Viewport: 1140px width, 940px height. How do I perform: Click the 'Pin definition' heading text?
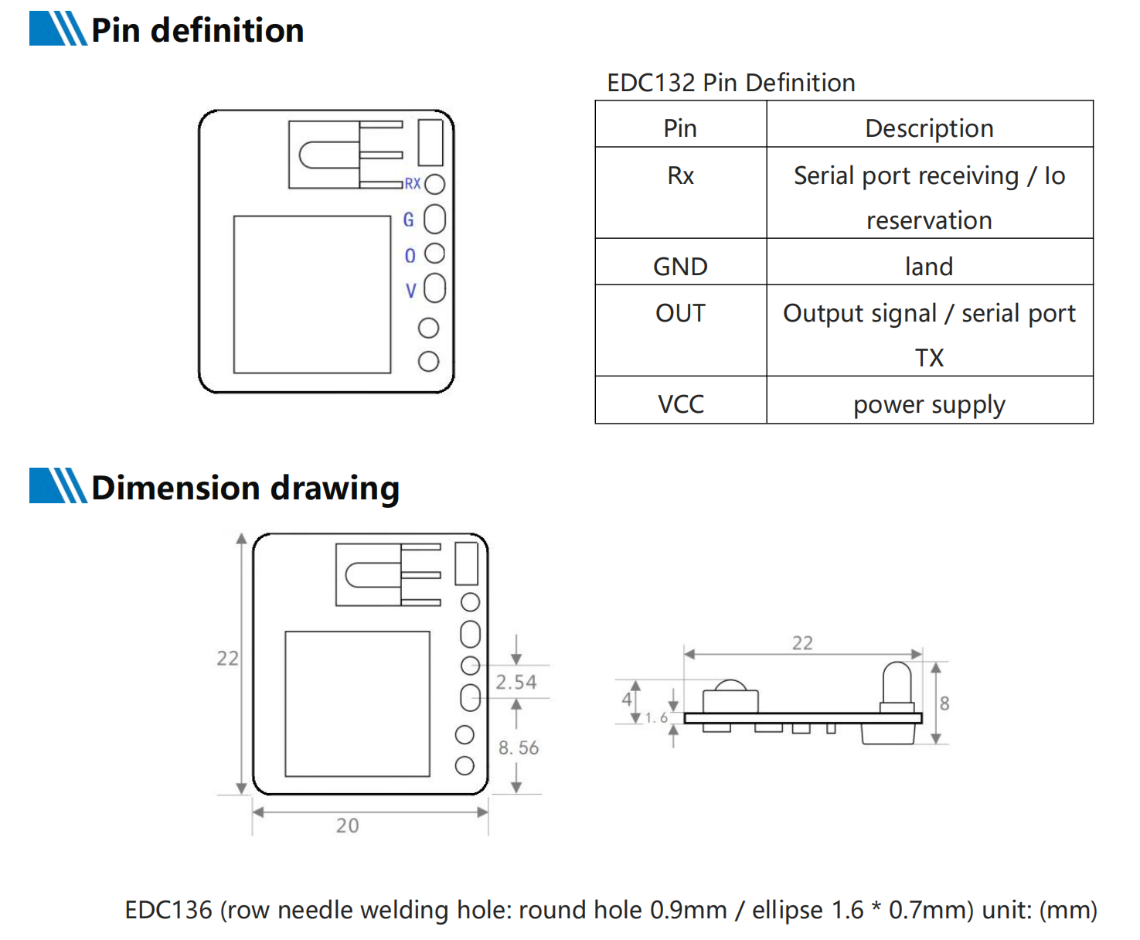coord(197,31)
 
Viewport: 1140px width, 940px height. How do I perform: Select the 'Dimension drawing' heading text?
coord(245,489)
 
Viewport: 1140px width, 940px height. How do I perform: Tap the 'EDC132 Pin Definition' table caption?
coord(730,83)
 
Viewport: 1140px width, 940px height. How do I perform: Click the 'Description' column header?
coord(929,128)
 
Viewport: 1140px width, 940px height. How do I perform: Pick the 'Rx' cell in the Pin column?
coord(680,176)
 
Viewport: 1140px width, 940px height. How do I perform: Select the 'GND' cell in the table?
coord(680,267)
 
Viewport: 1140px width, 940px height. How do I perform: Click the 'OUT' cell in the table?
coord(680,313)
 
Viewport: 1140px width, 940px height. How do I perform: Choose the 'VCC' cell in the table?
coord(680,404)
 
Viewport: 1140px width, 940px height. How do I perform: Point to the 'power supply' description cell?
coord(929,405)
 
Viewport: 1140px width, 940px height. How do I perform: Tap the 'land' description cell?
coord(929,267)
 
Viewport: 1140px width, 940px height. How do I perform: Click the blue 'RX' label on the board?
coord(413,184)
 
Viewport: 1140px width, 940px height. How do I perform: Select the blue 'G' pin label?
coord(409,220)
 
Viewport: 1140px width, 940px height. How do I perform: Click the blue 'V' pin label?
coord(411,291)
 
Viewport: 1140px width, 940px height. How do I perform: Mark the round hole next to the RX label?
coord(435,184)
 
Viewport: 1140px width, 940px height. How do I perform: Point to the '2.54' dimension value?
coord(516,682)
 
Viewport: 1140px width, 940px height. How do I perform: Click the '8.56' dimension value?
coord(519,748)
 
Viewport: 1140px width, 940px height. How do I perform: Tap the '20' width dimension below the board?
coord(347,826)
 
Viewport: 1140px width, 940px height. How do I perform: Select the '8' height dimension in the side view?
coord(944,703)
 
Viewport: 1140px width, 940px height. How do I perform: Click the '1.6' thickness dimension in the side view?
coord(656,718)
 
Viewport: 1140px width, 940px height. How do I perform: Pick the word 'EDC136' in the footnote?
coord(168,910)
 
